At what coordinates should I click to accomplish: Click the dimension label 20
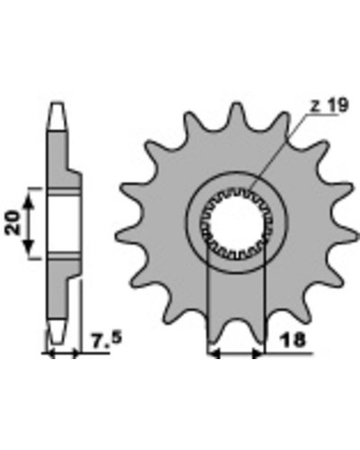(x=13, y=222)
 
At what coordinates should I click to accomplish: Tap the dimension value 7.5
(x=106, y=340)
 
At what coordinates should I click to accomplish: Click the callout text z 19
(x=329, y=105)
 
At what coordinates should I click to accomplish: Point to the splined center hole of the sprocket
(x=236, y=222)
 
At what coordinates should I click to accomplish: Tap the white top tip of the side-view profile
(x=57, y=116)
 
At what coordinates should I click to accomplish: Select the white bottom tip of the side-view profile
(x=57, y=331)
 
